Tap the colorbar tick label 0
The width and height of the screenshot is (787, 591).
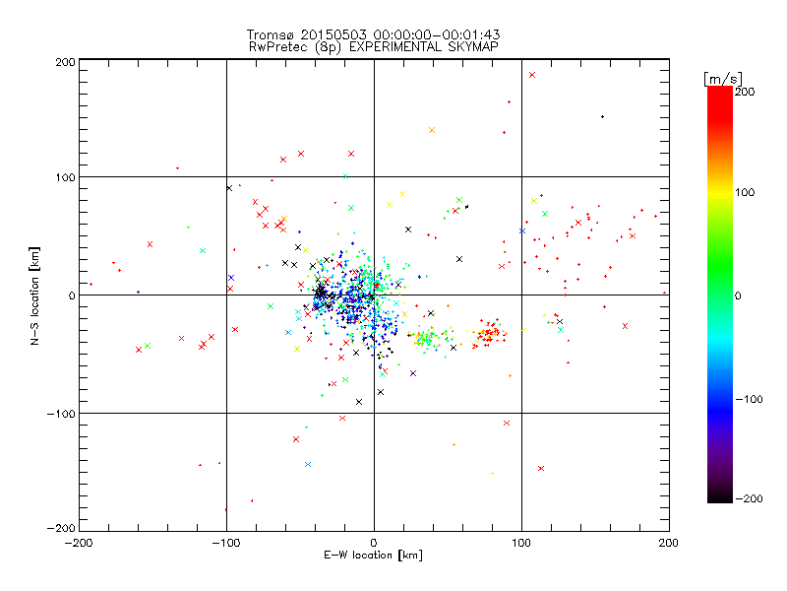(744, 295)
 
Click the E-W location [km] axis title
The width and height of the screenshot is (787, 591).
(373, 557)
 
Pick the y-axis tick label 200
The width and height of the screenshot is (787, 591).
(65, 62)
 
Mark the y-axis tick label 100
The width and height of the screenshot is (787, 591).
(65, 178)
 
